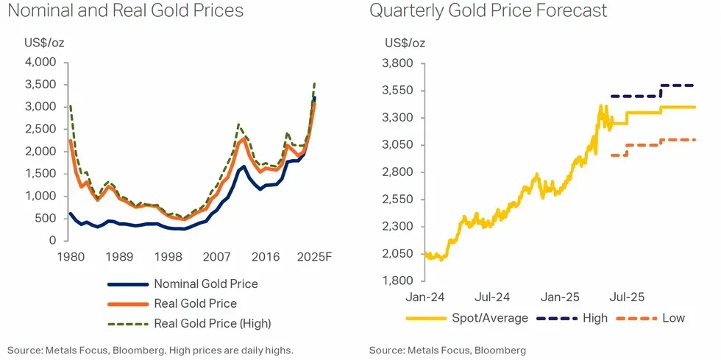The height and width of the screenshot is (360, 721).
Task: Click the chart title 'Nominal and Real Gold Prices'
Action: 125,11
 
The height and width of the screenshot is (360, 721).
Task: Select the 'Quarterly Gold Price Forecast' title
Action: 489,11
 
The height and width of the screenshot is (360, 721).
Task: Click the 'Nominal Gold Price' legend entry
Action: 205,283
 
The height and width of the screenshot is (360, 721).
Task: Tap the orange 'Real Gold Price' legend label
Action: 195,303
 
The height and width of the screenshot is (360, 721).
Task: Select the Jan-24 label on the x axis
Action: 423,297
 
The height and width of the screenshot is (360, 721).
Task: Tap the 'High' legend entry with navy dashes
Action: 594,318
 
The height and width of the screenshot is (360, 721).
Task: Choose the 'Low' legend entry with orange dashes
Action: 672,318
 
